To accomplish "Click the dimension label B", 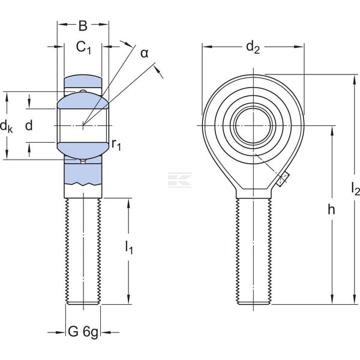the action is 83,26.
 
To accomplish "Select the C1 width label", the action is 83,48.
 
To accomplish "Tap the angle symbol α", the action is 145,53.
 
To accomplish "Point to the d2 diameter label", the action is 253,47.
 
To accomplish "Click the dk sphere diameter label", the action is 6,126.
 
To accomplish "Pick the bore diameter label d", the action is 29,125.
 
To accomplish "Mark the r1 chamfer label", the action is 116,145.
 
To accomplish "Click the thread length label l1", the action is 129,248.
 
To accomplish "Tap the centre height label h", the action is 331,209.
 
